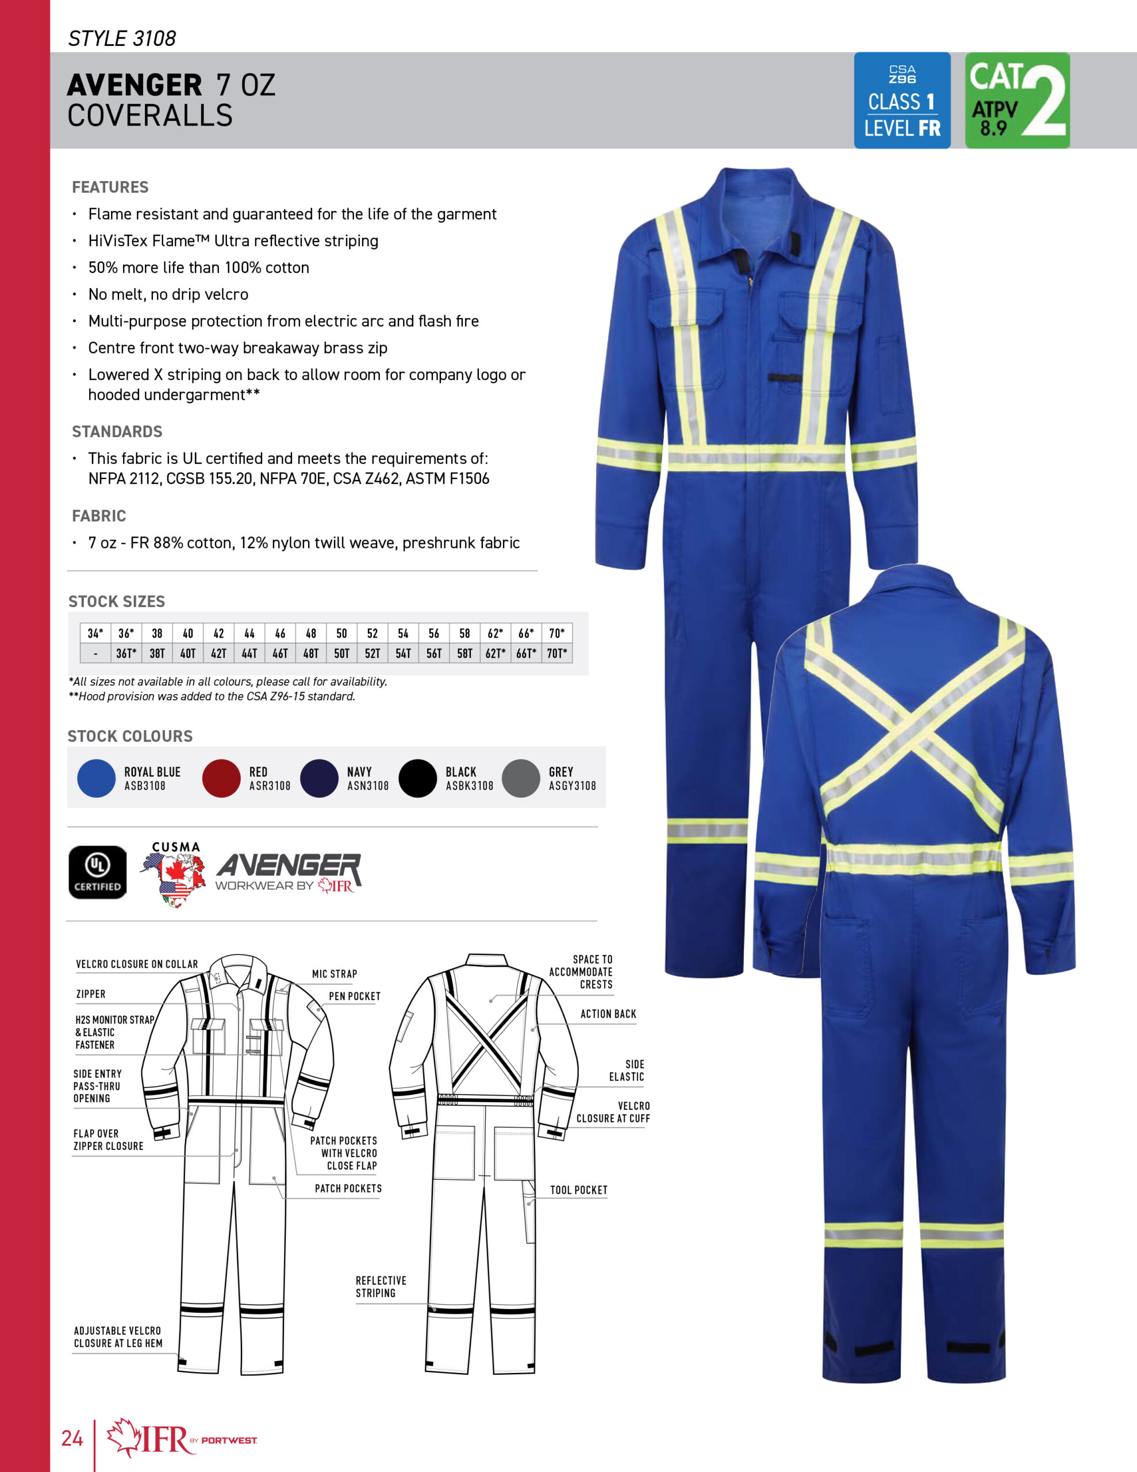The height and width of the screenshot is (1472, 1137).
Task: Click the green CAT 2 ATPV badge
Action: (x=1016, y=101)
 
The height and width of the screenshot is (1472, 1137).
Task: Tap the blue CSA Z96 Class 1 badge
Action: (x=902, y=101)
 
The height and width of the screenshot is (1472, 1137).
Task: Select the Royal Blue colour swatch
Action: (x=97, y=778)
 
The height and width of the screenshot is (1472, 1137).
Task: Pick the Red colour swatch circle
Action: (x=221, y=778)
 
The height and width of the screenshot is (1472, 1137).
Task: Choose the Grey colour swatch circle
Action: (x=521, y=778)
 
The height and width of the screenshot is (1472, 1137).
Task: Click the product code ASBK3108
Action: (x=469, y=786)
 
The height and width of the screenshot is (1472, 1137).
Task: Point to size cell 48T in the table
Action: (x=311, y=653)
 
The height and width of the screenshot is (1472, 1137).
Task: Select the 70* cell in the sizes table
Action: (x=556, y=634)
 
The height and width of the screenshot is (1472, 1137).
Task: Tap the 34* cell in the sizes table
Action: (x=95, y=634)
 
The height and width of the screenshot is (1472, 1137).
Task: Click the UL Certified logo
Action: (x=98, y=872)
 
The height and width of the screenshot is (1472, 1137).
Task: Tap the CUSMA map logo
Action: (x=175, y=874)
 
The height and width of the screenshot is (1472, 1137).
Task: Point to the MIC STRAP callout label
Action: (x=335, y=974)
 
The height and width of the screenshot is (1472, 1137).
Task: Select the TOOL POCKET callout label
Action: (x=578, y=1190)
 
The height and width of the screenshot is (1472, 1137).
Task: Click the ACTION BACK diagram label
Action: (x=608, y=1014)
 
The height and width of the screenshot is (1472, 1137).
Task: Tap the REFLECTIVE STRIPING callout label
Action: (x=380, y=1287)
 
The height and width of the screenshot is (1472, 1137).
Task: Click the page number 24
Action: (x=72, y=1437)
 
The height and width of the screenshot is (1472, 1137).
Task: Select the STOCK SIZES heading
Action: (x=117, y=601)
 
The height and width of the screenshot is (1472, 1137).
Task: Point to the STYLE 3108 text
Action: (x=122, y=39)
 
